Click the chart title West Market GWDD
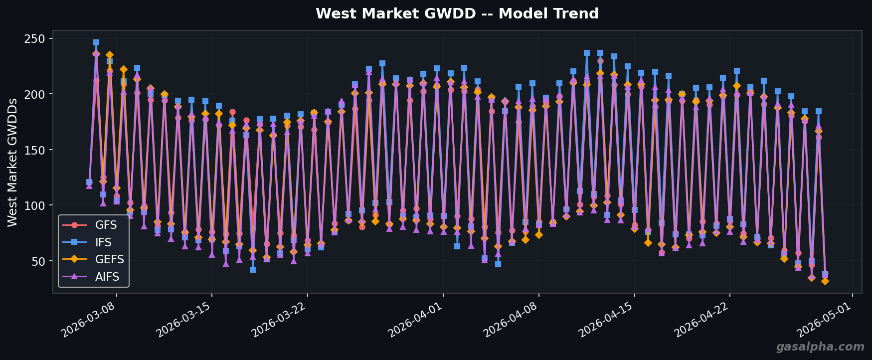(457, 14)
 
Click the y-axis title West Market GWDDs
(13, 162)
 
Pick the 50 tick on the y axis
(38, 261)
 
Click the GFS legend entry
(106, 225)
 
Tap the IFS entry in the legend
(103, 242)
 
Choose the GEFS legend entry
(109, 260)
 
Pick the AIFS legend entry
(107, 277)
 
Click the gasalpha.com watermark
(820, 347)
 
